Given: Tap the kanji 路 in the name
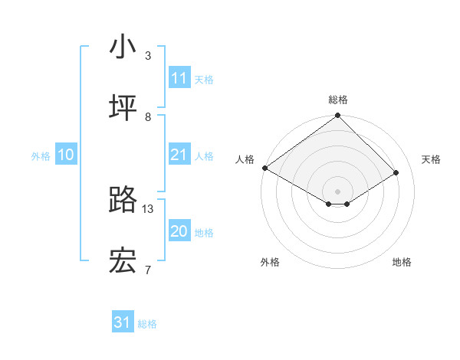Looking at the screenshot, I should [x=123, y=201].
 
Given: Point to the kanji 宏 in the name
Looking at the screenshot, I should [x=123, y=262].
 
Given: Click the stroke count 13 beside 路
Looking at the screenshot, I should [x=148, y=208].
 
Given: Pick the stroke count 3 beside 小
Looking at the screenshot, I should [x=148, y=55].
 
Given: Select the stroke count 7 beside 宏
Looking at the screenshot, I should [x=148, y=270].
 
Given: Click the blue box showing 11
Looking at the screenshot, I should [x=179, y=78].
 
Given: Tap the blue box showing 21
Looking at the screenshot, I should [x=179, y=155].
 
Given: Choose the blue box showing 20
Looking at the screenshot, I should [x=179, y=231].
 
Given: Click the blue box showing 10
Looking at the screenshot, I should [x=66, y=155].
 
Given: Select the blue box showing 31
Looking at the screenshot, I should [x=123, y=322].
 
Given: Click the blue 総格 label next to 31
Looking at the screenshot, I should [x=147, y=324].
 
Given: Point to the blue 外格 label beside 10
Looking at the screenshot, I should [x=41, y=156].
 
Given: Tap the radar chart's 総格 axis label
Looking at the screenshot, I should [x=338, y=100].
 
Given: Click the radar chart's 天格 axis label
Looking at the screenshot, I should [x=432, y=159].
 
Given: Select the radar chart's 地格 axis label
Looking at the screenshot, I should [x=402, y=262].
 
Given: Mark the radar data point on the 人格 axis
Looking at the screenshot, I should [x=264, y=168].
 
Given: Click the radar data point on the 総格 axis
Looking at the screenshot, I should [x=338, y=116].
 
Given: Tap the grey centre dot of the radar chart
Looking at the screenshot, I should [x=338, y=191].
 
